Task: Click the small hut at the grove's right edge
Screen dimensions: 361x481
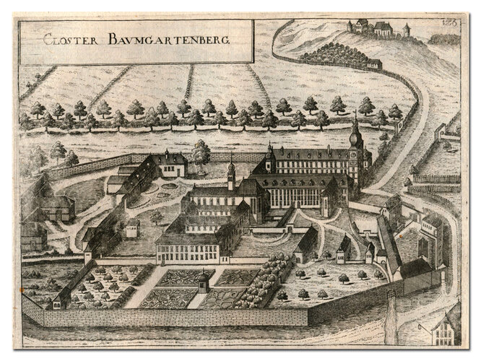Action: pos(375,64)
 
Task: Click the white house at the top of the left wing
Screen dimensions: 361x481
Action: pos(170,165)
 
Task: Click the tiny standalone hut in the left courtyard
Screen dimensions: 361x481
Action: pos(132,228)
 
